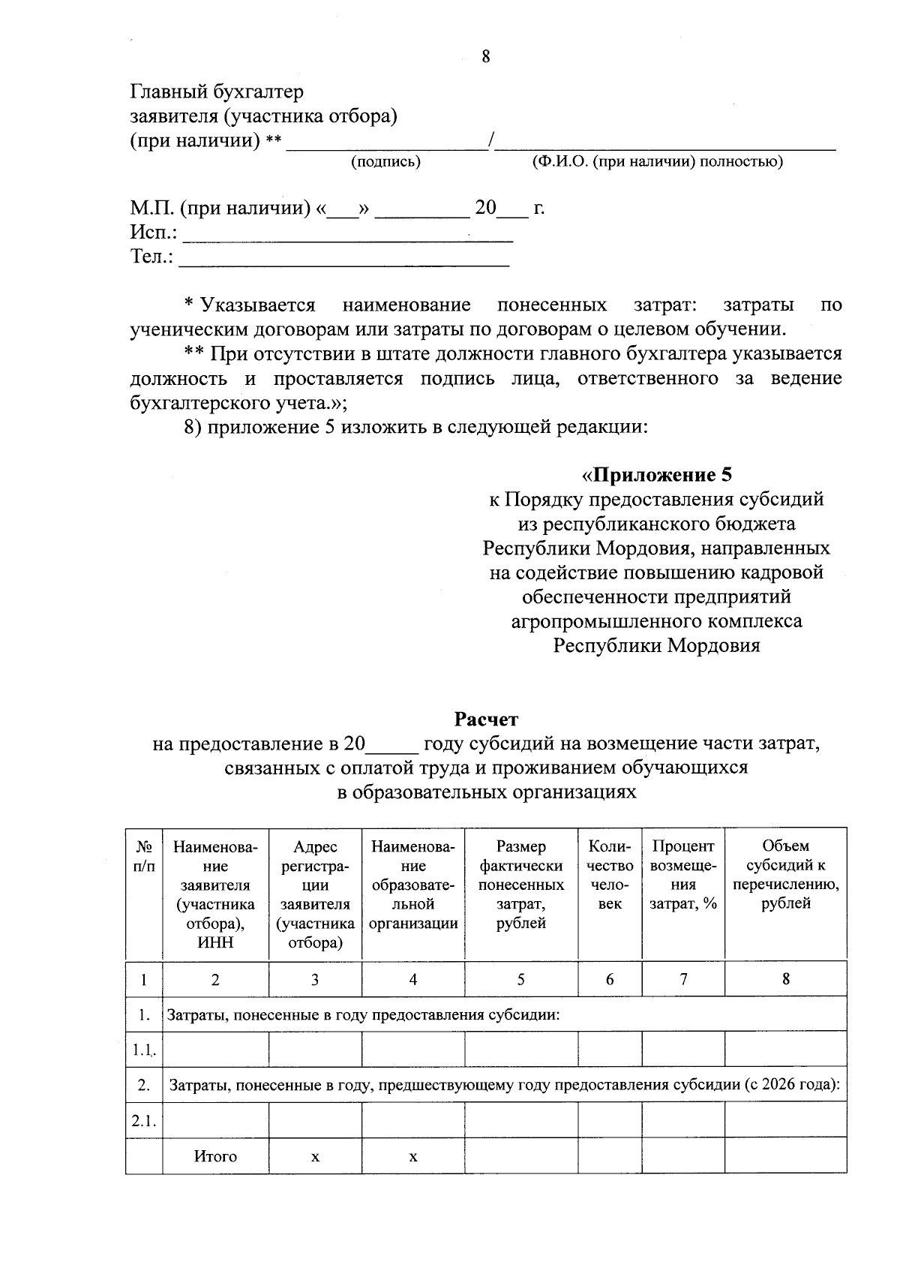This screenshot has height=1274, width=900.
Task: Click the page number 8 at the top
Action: (486, 56)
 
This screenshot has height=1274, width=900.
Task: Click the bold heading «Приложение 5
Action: (656, 475)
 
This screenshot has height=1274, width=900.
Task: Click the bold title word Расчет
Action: (486, 720)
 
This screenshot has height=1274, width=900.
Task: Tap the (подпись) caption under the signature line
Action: (385, 161)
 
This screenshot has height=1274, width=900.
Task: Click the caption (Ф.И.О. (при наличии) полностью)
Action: (657, 161)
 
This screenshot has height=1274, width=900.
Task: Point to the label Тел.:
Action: (152, 257)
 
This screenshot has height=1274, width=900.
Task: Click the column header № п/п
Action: (144, 856)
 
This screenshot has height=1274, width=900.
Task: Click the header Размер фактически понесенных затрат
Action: (521, 885)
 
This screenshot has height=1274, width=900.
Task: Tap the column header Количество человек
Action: (610, 875)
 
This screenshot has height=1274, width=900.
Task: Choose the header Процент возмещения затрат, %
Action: (683, 875)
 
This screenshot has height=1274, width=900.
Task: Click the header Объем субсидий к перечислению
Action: (785, 875)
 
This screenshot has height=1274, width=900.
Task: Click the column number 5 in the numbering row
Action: (521, 979)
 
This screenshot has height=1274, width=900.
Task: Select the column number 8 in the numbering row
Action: (785, 978)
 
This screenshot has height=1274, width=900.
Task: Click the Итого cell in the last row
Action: (215, 1156)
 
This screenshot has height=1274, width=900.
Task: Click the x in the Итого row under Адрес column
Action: (315, 1157)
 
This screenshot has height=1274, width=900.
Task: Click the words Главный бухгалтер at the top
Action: (217, 92)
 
